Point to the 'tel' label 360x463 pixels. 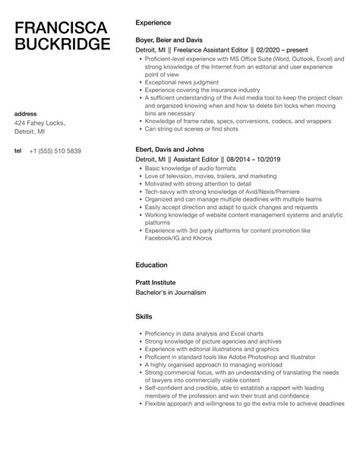pyautogui.click(x=18, y=151)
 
